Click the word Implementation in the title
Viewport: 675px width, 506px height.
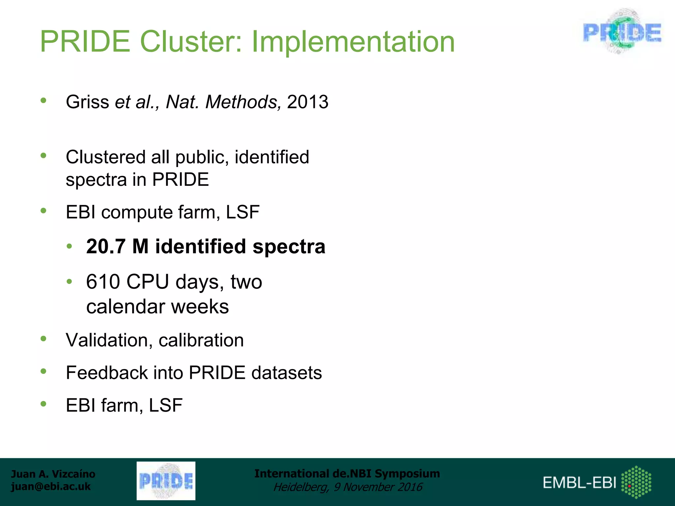(353, 42)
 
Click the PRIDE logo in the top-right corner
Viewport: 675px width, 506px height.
(622, 32)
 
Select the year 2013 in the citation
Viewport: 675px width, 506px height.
(308, 102)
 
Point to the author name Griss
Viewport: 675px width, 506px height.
(87, 102)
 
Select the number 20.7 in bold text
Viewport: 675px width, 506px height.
(105, 246)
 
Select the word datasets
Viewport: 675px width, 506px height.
(286, 373)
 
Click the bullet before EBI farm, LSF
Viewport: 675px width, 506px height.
(43, 404)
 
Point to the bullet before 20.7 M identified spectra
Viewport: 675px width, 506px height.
(69, 246)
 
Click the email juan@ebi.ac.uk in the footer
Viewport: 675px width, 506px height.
(51, 487)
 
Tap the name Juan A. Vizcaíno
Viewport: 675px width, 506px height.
(53, 474)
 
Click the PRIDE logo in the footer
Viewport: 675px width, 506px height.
(166, 481)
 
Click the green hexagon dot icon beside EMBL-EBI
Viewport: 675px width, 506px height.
(636, 482)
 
